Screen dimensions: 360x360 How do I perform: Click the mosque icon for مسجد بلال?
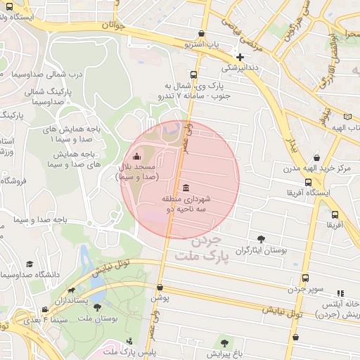click(136, 156)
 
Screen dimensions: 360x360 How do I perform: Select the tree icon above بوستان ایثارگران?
click(262, 239)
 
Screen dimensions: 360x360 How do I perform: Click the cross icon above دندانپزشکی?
click(240, 57)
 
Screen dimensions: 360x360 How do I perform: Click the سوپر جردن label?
click(305, 289)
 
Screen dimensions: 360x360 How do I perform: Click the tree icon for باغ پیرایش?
click(224, 342)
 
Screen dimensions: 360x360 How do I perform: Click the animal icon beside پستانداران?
click(71, 291)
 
